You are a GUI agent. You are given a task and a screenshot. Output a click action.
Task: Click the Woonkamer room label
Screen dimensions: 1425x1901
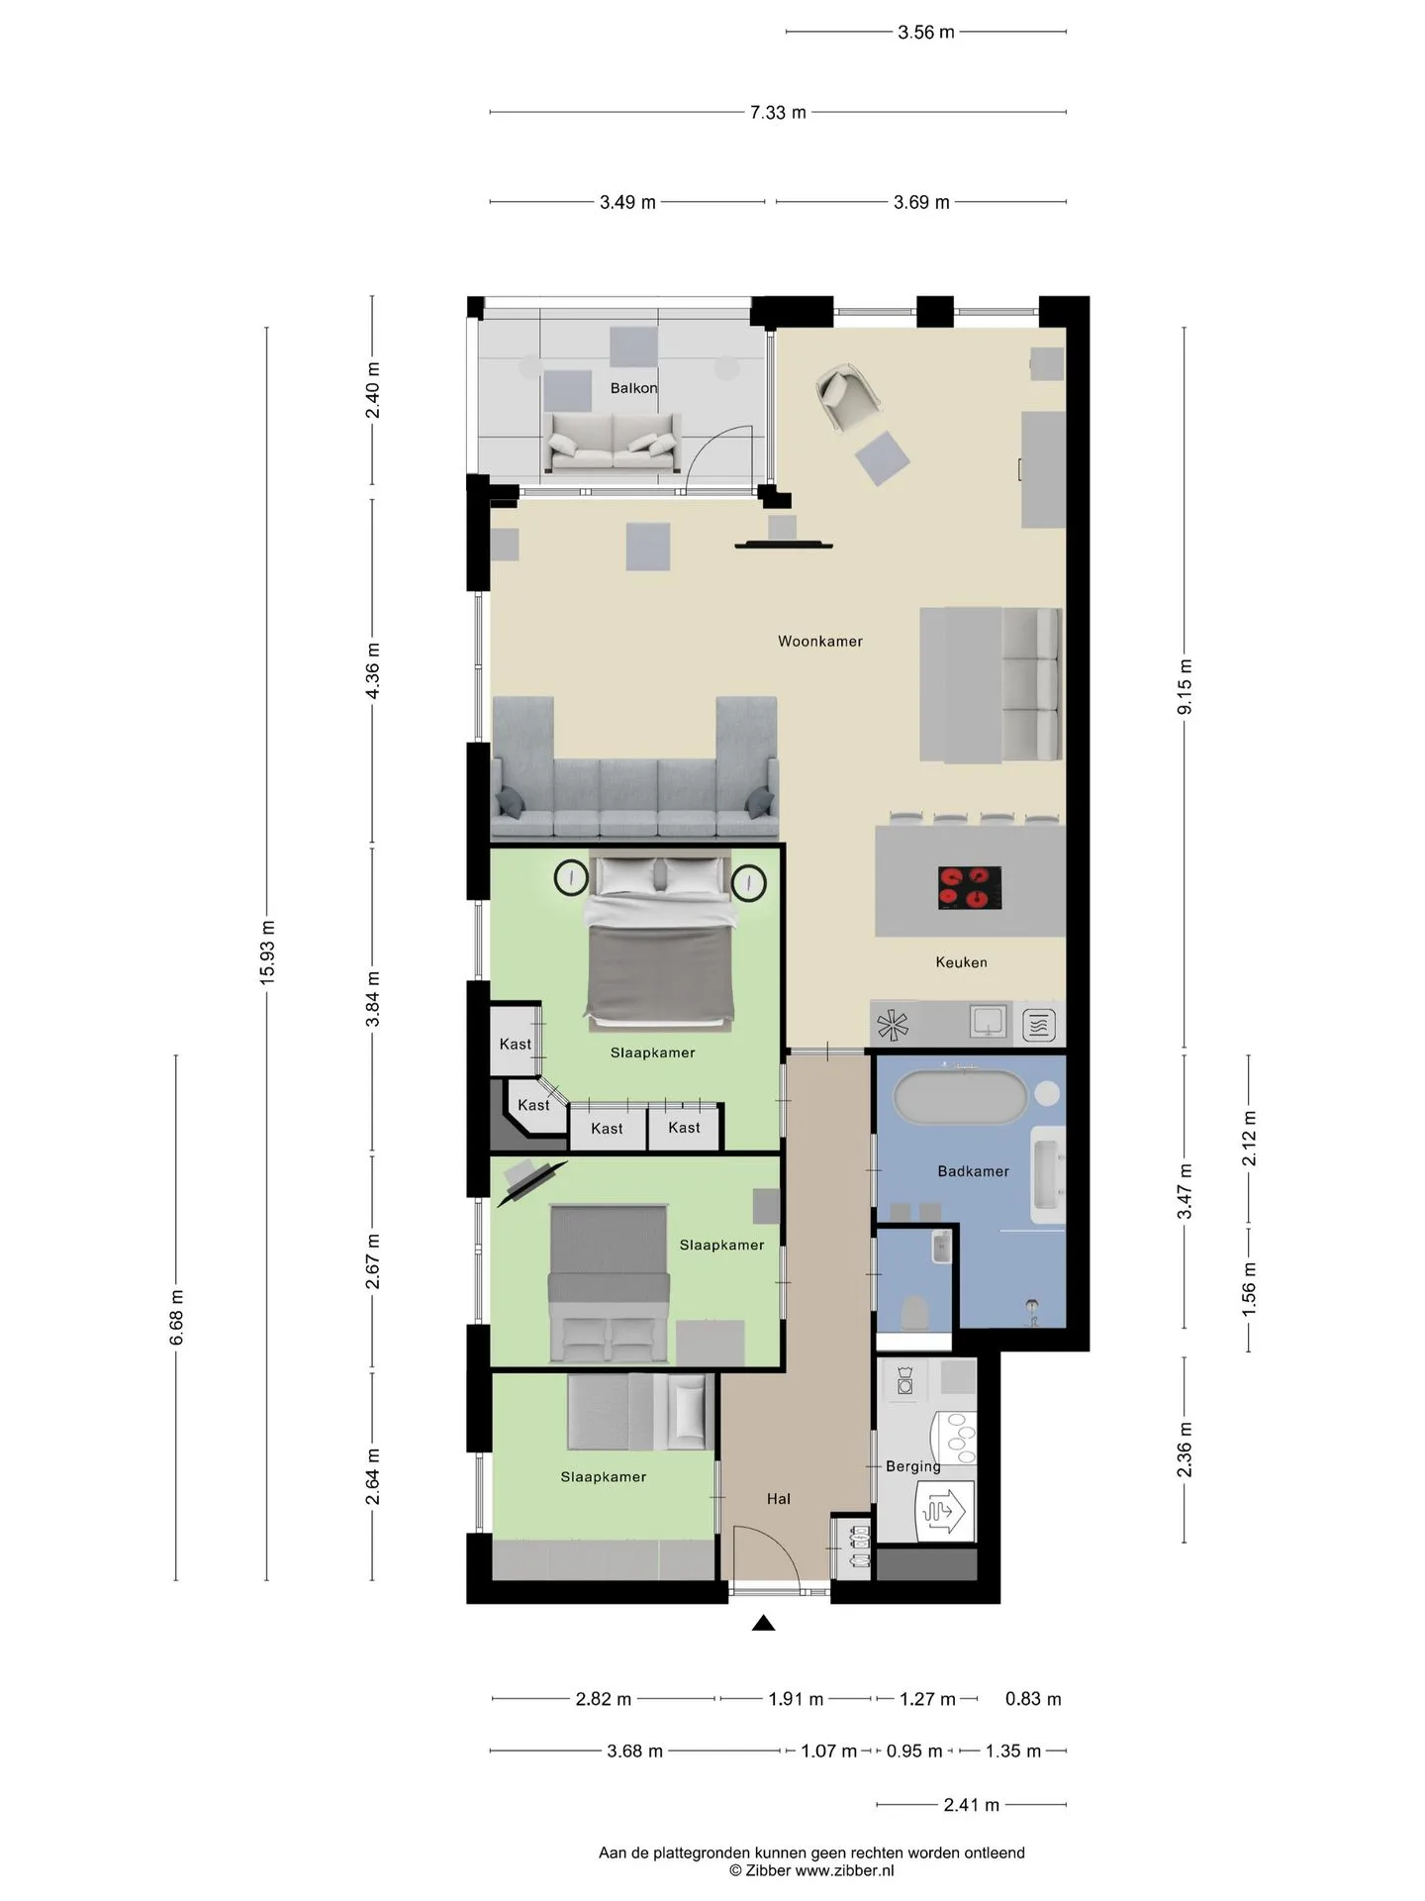click(x=819, y=642)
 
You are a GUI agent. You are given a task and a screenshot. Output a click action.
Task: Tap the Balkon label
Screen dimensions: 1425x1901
click(x=633, y=388)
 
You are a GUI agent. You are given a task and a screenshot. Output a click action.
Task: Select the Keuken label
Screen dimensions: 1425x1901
click(x=961, y=962)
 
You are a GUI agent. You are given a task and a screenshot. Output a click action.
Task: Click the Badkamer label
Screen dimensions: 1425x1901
click(x=973, y=1171)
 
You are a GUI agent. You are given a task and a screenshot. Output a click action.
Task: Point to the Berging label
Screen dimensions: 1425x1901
click(x=912, y=1466)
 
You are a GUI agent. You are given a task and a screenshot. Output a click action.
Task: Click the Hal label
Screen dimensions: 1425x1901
click(x=779, y=1499)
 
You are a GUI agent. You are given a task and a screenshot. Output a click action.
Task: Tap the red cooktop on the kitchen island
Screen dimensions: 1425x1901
click(x=969, y=888)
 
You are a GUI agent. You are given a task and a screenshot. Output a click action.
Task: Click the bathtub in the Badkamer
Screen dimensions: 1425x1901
click(x=959, y=1097)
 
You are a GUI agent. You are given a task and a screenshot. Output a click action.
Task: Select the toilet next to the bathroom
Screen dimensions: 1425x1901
click(x=913, y=1312)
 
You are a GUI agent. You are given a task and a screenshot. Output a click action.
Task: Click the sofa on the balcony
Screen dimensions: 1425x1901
click(x=613, y=443)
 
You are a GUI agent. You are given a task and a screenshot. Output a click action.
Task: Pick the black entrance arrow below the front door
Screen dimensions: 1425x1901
click(x=763, y=1623)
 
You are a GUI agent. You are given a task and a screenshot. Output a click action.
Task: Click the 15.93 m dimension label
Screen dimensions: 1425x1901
click(x=267, y=951)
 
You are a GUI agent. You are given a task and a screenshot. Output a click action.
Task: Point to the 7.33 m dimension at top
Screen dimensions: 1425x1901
click(x=778, y=113)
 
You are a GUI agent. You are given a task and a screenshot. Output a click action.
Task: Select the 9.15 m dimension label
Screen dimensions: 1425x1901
click(x=1185, y=686)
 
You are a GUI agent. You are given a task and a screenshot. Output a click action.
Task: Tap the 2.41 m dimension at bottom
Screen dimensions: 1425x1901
click(x=971, y=1805)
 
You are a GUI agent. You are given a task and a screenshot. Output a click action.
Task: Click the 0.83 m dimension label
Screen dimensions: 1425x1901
click(x=1033, y=1699)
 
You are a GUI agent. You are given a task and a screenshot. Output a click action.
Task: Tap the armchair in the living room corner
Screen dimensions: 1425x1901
click(x=847, y=397)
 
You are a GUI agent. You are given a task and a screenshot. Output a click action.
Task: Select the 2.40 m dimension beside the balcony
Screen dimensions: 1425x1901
click(x=373, y=391)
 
